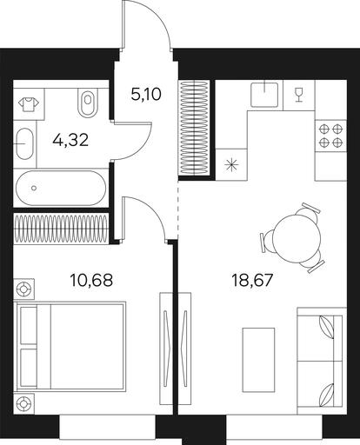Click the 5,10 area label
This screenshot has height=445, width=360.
point(146,94)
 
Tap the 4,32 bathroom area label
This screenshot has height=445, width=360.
point(70,141)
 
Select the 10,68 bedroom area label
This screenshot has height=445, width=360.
point(91,280)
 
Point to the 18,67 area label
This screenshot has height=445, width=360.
point(252,280)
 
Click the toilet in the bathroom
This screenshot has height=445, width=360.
point(88,102)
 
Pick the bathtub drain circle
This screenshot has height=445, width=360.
point(34,188)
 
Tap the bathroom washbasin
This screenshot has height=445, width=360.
point(24,143)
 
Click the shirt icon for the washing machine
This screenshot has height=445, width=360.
point(29,104)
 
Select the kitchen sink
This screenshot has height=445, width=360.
point(264,94)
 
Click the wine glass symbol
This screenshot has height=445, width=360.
point(298,96)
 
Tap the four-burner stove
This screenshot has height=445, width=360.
point(330,136)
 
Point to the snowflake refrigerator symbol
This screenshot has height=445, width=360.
point(231,166)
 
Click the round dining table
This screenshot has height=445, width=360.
point(297,238)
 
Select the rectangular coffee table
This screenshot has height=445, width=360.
point(258,360)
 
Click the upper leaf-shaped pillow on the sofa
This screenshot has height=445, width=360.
point(326,327)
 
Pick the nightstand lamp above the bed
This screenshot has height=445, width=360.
point(24,289)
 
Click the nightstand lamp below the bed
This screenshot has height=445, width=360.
point(24,403)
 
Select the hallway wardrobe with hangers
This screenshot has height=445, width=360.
point(195,128)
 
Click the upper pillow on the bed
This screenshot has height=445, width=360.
point(29,325)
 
